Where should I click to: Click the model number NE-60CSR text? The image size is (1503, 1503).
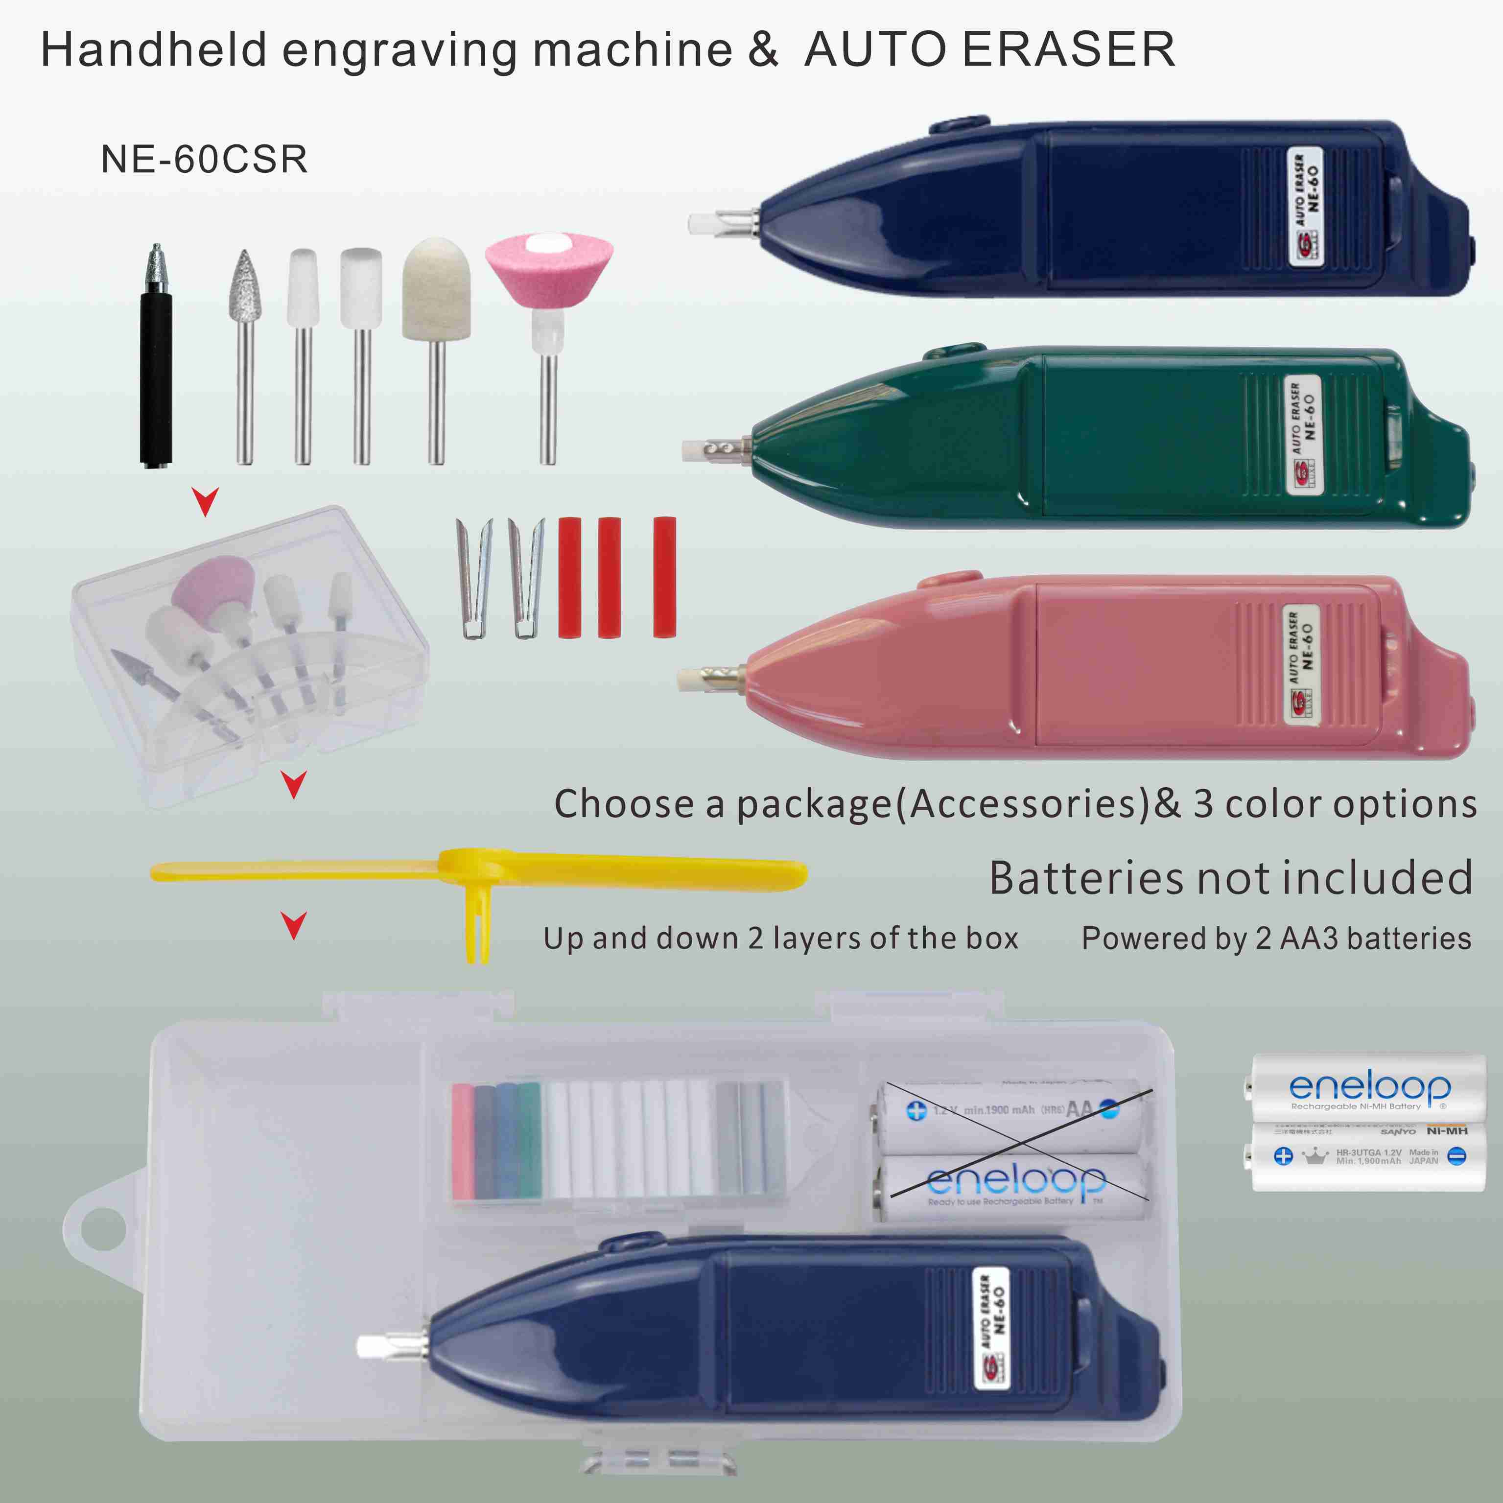click(x=204, y=160)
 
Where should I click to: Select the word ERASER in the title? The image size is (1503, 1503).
click(x=1068, y=50)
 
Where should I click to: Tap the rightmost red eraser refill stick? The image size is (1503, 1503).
click(x=664, y=577)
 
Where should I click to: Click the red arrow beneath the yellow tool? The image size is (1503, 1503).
click(x=294, y=926)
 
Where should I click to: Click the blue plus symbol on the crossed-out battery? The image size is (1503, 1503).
click(x=916, y=1110)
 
